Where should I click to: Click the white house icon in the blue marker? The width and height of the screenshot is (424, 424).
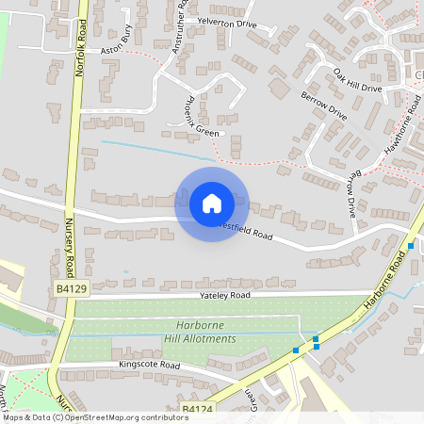coord(212,203)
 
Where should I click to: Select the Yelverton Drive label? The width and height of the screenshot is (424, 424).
coord(226,22)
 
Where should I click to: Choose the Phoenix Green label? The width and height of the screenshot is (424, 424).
coord(201,118)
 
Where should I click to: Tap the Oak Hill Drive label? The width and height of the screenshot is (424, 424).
coord(357,78)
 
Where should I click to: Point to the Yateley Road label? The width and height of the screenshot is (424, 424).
coord(224,295)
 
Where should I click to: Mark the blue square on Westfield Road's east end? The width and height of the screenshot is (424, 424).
coord(412,246)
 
